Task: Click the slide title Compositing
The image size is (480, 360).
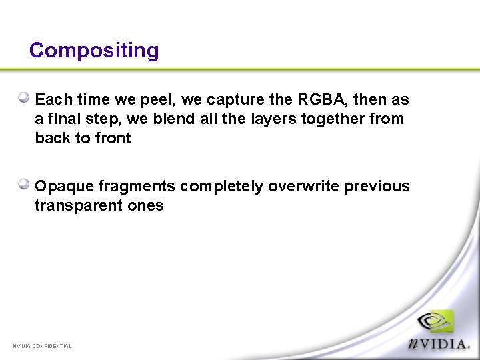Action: tap(94, 51)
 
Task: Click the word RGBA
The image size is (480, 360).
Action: tap(322, 100)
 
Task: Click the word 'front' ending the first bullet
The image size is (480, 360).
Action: tap(113, 139)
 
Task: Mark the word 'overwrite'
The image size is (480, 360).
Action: tap(304, 186)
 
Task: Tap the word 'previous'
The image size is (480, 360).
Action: tap(377, 186)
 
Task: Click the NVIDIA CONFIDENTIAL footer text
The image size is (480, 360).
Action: tap(42, 346)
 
